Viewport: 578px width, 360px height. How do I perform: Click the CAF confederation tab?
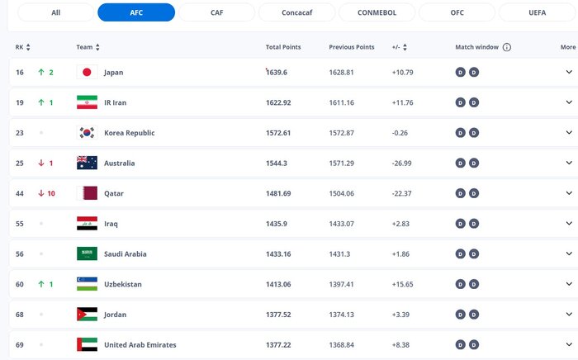click(216, 12)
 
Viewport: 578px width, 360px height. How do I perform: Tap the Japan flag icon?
click(88, 73)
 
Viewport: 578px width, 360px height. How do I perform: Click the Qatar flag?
click(88, 193)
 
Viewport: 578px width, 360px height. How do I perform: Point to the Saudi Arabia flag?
click(88, 253)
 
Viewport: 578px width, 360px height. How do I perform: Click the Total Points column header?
click(282, 47)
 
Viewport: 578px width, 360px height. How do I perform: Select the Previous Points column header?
click(351, 47)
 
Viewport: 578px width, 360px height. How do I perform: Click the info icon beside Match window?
click(507, 47)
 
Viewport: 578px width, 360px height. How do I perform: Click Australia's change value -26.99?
click(402, 163)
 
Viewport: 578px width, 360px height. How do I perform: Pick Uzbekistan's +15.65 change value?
click(402, 284)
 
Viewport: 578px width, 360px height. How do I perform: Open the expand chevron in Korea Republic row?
click(568, 133)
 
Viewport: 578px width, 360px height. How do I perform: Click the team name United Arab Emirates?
click(140, 344)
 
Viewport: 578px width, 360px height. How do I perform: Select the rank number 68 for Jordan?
click(20, 315)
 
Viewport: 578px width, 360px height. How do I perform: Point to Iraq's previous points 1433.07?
click(345, 224)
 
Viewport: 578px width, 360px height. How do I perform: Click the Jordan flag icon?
click(88, 315)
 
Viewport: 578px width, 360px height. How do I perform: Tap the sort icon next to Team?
click(98, 47)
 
